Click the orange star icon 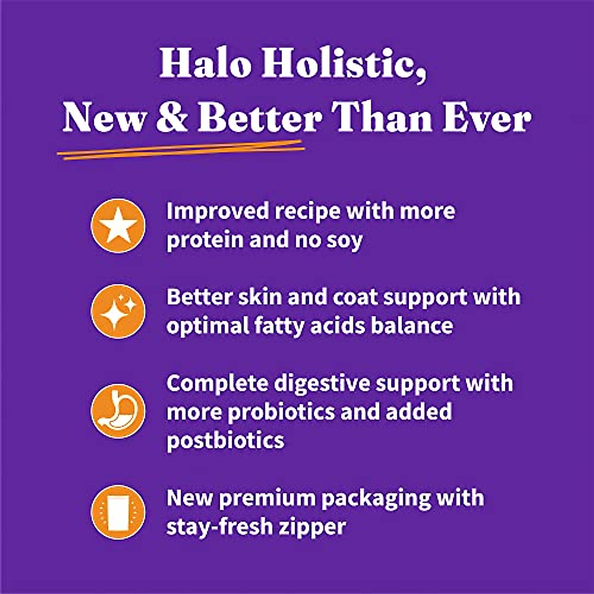118,226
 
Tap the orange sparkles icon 118,311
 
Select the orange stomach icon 118,411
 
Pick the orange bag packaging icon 118,512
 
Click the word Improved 216,211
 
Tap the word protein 203,241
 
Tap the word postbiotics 225,440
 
